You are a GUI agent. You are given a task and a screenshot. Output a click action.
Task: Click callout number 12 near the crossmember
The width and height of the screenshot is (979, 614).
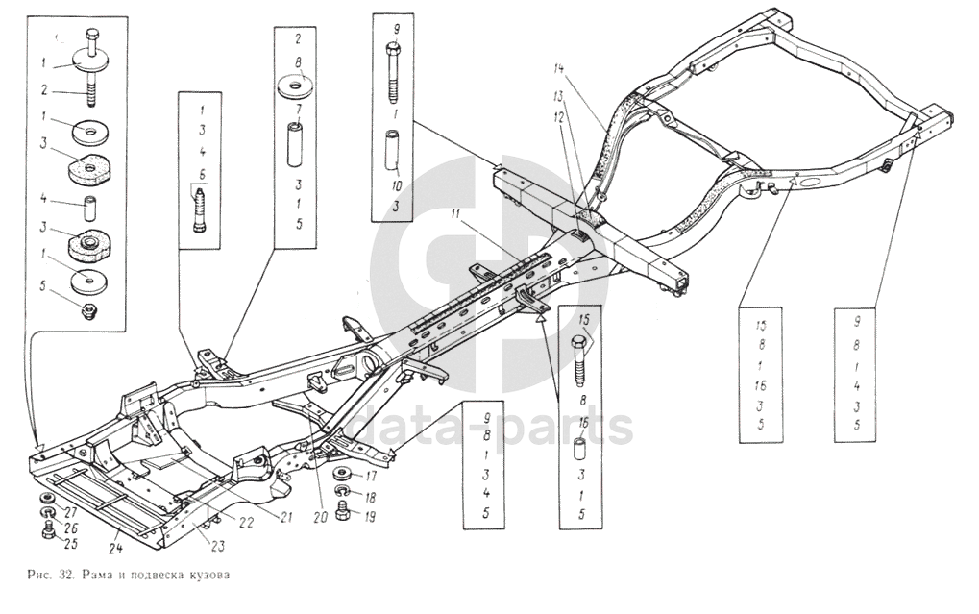(x=559, y=115)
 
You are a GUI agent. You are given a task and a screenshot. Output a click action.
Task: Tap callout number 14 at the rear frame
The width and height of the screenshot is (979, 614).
(x=561, y=68)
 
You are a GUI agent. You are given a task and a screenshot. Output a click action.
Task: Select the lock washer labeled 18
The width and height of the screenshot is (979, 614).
(x=345, y=496)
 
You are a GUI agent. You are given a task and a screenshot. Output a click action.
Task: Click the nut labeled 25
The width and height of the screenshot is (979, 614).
(x=45, y=531)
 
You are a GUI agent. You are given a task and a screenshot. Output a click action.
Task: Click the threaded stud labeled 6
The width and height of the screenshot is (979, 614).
(x=203, y=209)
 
